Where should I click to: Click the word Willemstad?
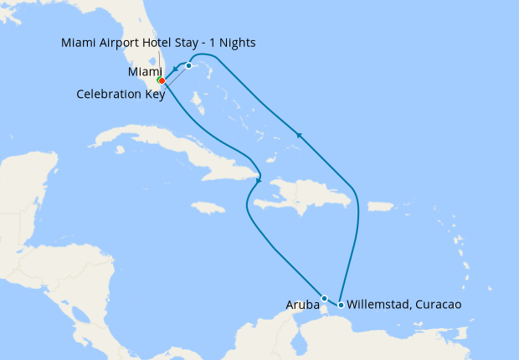[x=377, y=305]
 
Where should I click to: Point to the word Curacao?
[x=437, y=305]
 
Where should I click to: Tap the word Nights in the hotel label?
[x=237, y=43]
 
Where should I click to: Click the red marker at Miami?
[x=161, y=81]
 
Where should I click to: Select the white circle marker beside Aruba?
[x=324, y=298]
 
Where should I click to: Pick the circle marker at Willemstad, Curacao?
[x=341, y=305]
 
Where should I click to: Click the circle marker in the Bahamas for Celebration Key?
[x=189, y=65]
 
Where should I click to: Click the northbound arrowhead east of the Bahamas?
[x=297, y=133]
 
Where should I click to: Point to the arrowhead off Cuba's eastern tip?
[x=259, y=179]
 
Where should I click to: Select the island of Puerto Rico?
[x=381, y=206]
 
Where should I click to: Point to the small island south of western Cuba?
[x=122, y=152]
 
